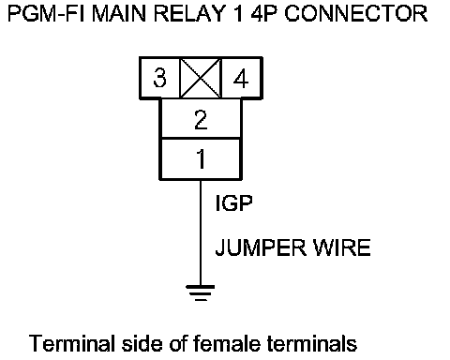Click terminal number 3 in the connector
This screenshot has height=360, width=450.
pos(159,78)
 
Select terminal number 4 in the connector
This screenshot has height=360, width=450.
pos(241,78)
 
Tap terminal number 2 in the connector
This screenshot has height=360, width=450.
pos(201,119)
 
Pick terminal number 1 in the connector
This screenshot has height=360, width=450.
pos(202,158)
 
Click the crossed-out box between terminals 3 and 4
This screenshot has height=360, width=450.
pos(201,78)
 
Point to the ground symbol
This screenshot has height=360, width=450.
pos(201,292)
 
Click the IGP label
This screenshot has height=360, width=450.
pos(233,203)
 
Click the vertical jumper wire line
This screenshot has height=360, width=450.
pos(201,232)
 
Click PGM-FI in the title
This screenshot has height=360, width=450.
pos(46,13)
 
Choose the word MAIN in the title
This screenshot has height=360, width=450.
pos(119,13)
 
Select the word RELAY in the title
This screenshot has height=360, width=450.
pos(189,13)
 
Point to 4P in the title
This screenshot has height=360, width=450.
pos(264,13)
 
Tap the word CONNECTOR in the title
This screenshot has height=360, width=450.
pos(356,13)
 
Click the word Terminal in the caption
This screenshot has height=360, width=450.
pos(72,343)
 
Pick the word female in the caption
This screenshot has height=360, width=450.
pos(227,343)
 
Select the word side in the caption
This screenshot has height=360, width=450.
pos(142,343)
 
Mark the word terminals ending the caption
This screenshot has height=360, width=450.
pos(312,343)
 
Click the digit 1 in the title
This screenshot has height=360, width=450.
pos(238,13)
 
